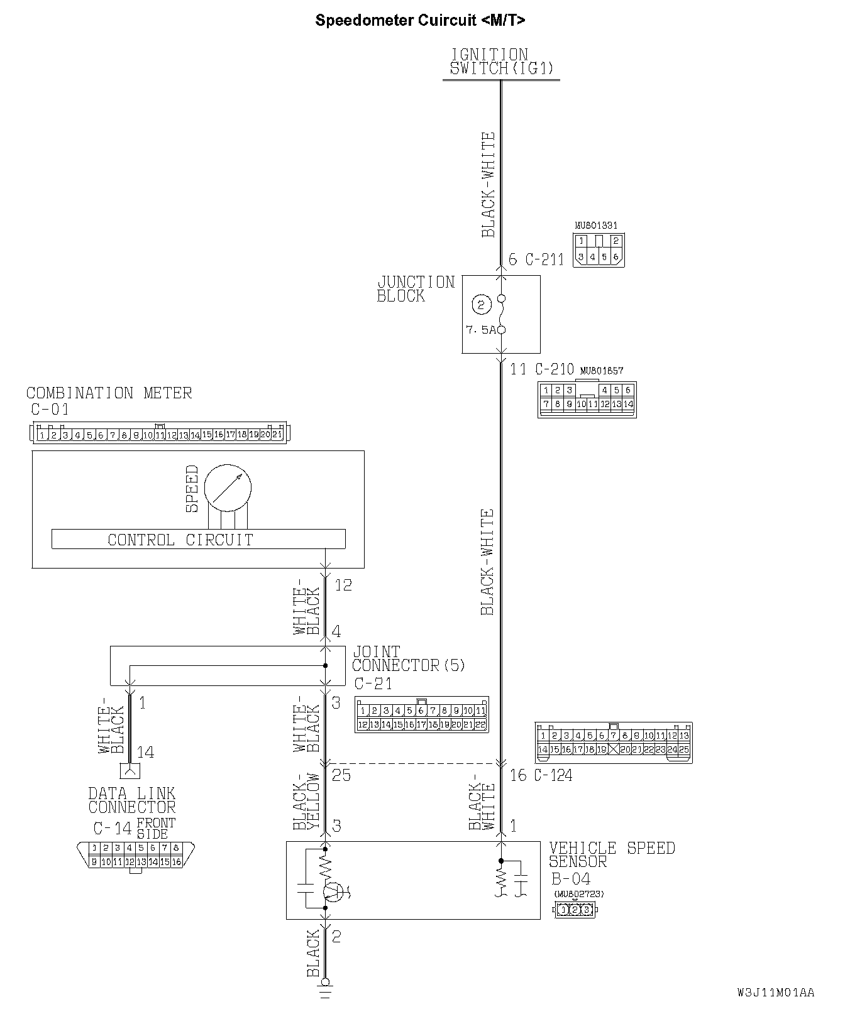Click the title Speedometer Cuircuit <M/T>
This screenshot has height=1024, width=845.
tap(420, 20)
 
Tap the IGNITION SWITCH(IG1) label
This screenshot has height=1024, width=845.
tap(500, 62)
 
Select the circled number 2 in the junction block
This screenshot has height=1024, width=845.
tap(482, 306)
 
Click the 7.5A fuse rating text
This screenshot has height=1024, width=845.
tap(481, 330)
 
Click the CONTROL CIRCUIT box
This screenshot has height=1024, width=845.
tap(198, 539)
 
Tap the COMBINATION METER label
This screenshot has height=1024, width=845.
tap(109, 393)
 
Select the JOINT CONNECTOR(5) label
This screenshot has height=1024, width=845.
tap(408, 658)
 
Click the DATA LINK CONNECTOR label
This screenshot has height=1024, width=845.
tap(132, 800)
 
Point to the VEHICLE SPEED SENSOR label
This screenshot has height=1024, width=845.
tap(612, 854)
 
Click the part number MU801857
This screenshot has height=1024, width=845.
tap(602, 371)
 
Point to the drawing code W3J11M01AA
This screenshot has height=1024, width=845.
tap(776, 993)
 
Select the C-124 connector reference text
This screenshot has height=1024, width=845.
tap(553, 775)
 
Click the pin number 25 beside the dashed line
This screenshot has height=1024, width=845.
tap(341, 775)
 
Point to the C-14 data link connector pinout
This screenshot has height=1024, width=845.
tap(135, 856)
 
